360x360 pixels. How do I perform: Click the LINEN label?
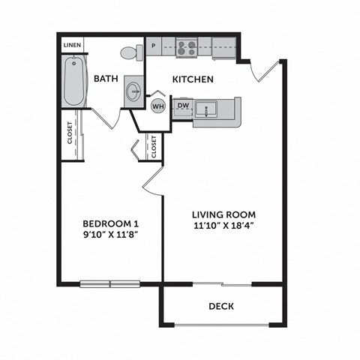pos(72,45)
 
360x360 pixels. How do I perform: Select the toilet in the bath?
pos(130,52)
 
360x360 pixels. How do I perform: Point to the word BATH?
pos(105,79)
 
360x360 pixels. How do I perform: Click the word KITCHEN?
pos(193,79)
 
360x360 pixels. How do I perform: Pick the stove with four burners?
pos(187,47)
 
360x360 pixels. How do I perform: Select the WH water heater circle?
pos(158,106)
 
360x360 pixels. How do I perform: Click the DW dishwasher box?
pos(182,106)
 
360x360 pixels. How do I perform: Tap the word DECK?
pos(221,306)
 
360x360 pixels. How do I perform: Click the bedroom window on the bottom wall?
pos(110,283)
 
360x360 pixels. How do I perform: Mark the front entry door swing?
pos(266,71)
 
